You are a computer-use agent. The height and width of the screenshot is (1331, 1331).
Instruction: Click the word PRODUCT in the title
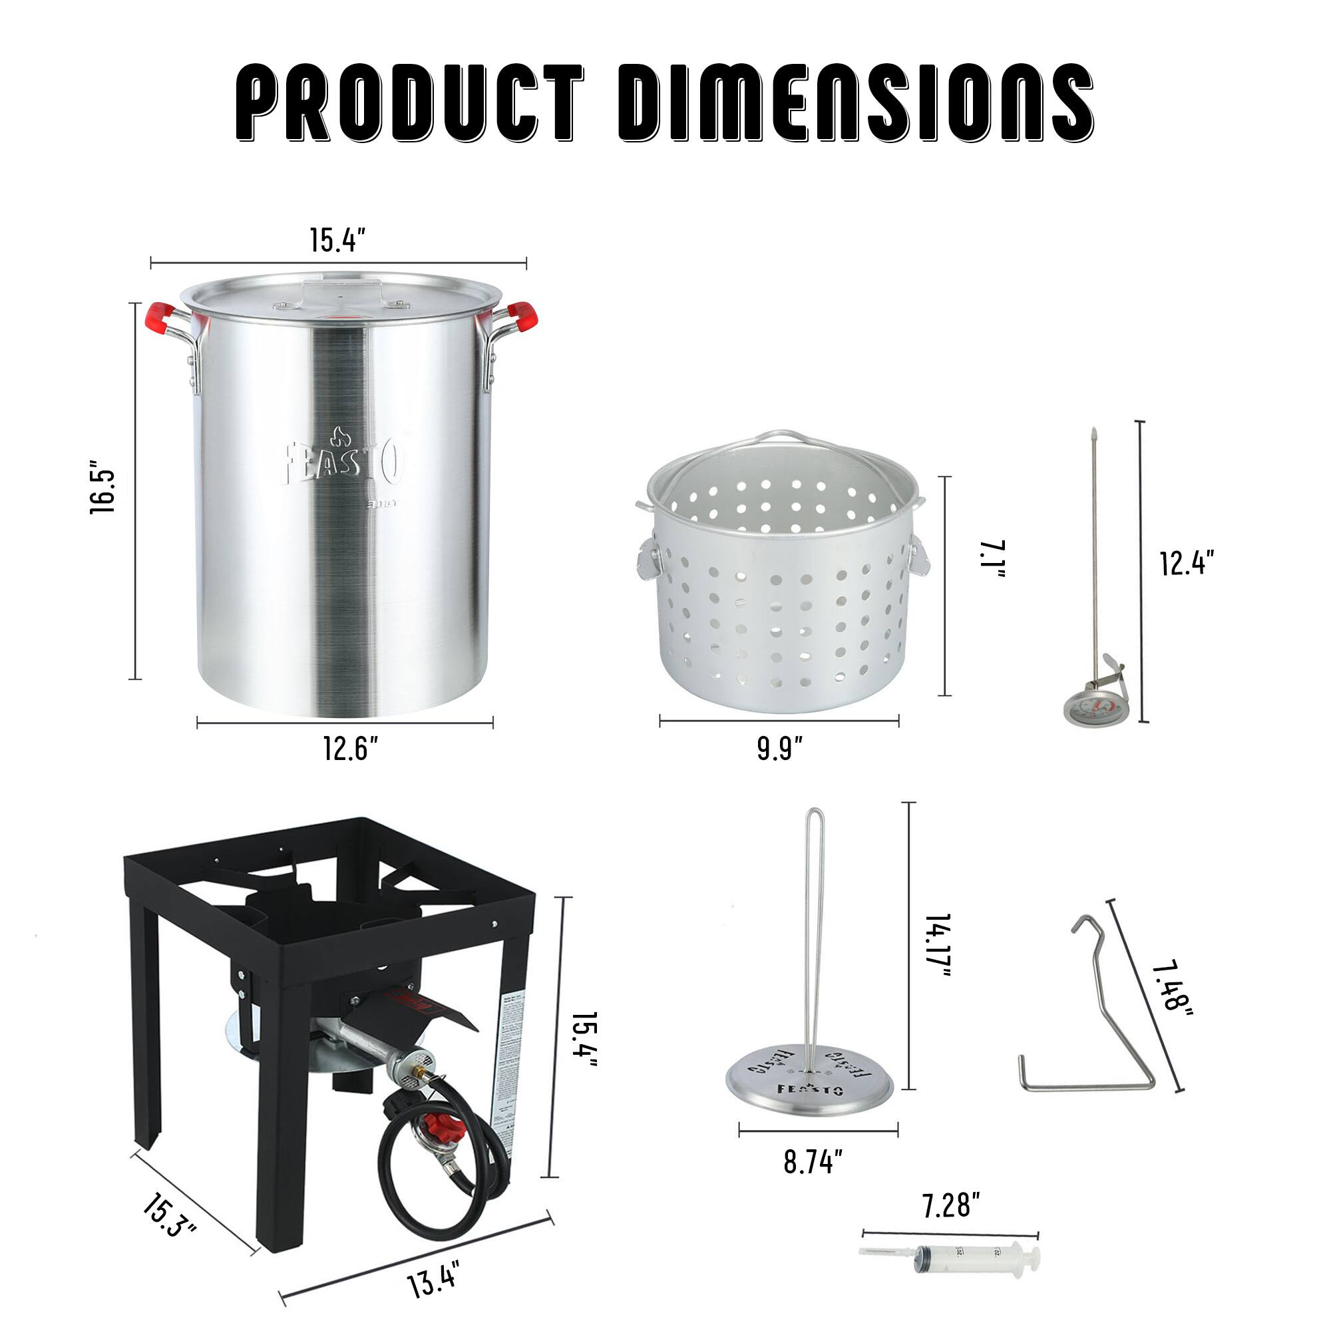409,103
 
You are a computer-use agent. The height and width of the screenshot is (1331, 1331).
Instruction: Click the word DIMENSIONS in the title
855,103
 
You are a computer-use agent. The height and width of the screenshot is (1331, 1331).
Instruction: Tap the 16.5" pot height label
102,492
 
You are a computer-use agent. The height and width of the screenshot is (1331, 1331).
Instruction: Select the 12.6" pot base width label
351,749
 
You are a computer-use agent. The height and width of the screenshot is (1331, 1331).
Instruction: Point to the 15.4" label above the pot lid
337,240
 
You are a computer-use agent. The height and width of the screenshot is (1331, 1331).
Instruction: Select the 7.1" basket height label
993,559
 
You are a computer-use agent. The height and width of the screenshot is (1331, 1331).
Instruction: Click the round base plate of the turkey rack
809,1084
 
